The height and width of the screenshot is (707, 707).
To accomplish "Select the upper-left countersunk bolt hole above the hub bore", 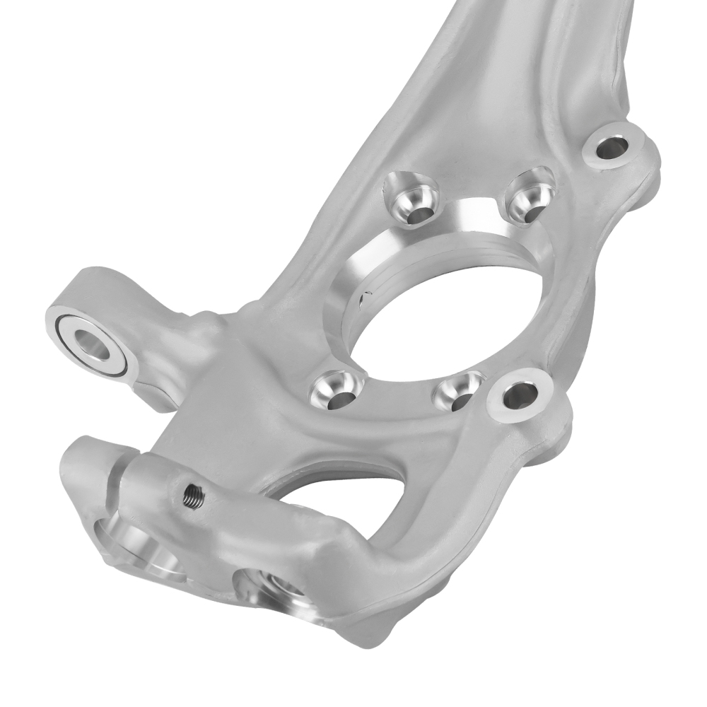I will pyautogui.click(x=411, y=198).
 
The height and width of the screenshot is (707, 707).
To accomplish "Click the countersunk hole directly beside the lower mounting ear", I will pyautogui.click(x=460, y=393).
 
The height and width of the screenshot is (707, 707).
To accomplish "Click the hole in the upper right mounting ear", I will pyautogui.click(x=608, y=148).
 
